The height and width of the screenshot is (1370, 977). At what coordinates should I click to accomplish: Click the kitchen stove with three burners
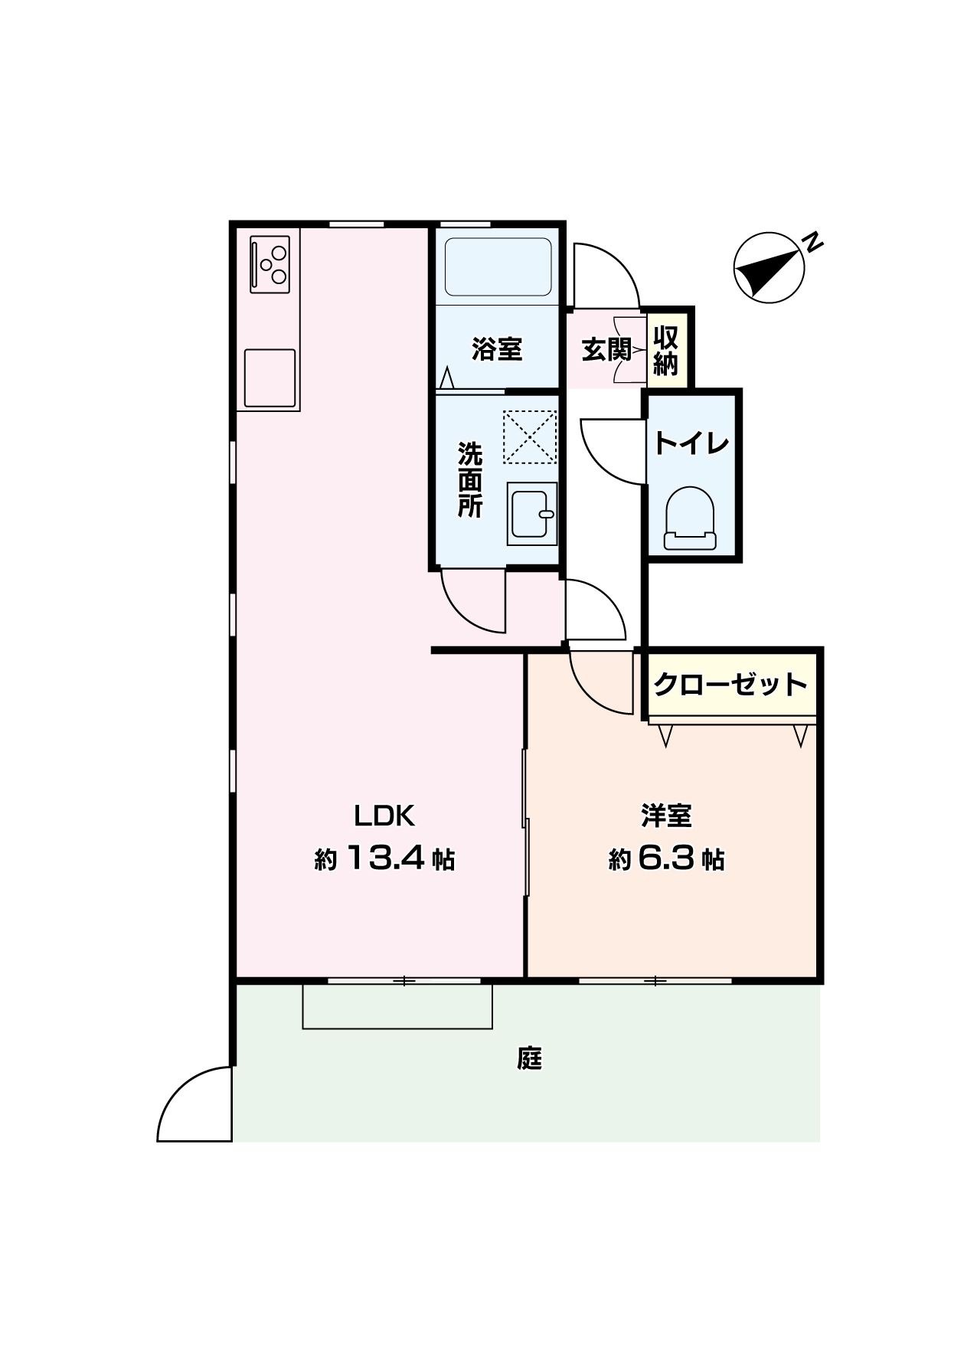270,264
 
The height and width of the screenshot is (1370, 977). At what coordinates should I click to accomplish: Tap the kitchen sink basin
270,378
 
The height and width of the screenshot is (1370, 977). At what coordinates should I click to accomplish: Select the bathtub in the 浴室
498,266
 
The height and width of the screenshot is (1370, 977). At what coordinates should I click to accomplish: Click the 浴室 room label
497,350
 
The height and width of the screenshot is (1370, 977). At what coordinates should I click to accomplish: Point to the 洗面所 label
470,480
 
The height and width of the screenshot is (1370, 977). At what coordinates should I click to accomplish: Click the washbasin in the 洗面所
531,514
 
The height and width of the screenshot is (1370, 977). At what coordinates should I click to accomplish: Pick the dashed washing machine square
529,437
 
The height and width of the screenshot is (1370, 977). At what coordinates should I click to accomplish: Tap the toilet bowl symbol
689,518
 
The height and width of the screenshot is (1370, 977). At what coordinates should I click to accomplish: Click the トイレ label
691,443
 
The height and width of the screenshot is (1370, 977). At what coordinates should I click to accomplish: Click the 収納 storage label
666,351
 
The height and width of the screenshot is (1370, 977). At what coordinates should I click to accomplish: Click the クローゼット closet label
731,684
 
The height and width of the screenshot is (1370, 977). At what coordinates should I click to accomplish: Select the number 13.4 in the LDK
386,858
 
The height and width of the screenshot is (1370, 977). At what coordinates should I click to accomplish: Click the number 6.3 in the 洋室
668,858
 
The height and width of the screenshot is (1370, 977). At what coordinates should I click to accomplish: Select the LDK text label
384,816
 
